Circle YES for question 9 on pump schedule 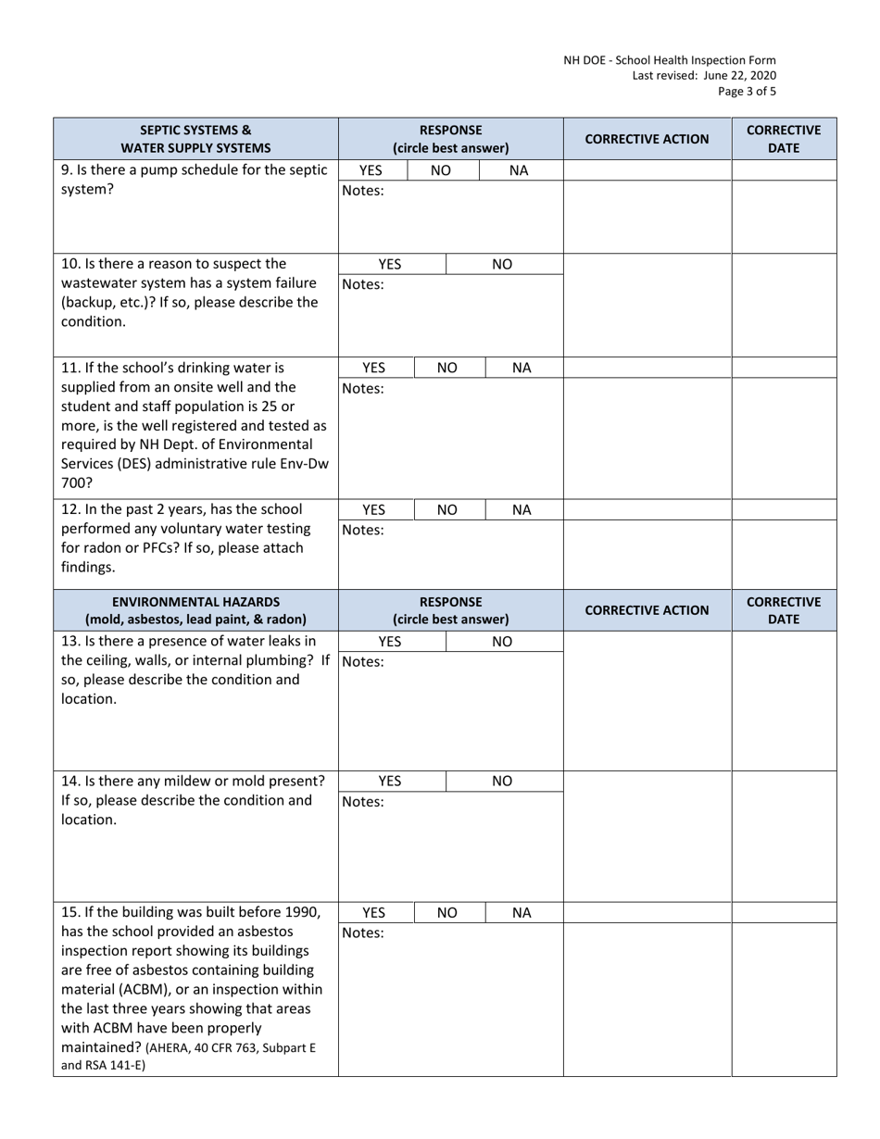(x=371, y=170)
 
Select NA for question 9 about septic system (x=519, y=170)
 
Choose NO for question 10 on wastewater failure (x=502, y=264)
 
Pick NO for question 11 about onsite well (x=447, y=368)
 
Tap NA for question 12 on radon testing (x=522, y=509)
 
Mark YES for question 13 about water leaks (x=390, y=641)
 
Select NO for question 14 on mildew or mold (x=502, y=781)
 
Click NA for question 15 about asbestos (x=522, y=912)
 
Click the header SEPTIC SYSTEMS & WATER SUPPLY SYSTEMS (x=195, y=138)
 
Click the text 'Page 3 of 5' (x=747, y=91)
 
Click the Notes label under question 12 (x=363, y=531)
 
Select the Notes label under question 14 (x=363, y=802)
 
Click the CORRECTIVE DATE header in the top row (x=784, y=138)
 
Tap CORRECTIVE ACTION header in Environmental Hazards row (x=647, y=609)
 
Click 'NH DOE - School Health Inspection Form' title (x=670, y=60)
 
